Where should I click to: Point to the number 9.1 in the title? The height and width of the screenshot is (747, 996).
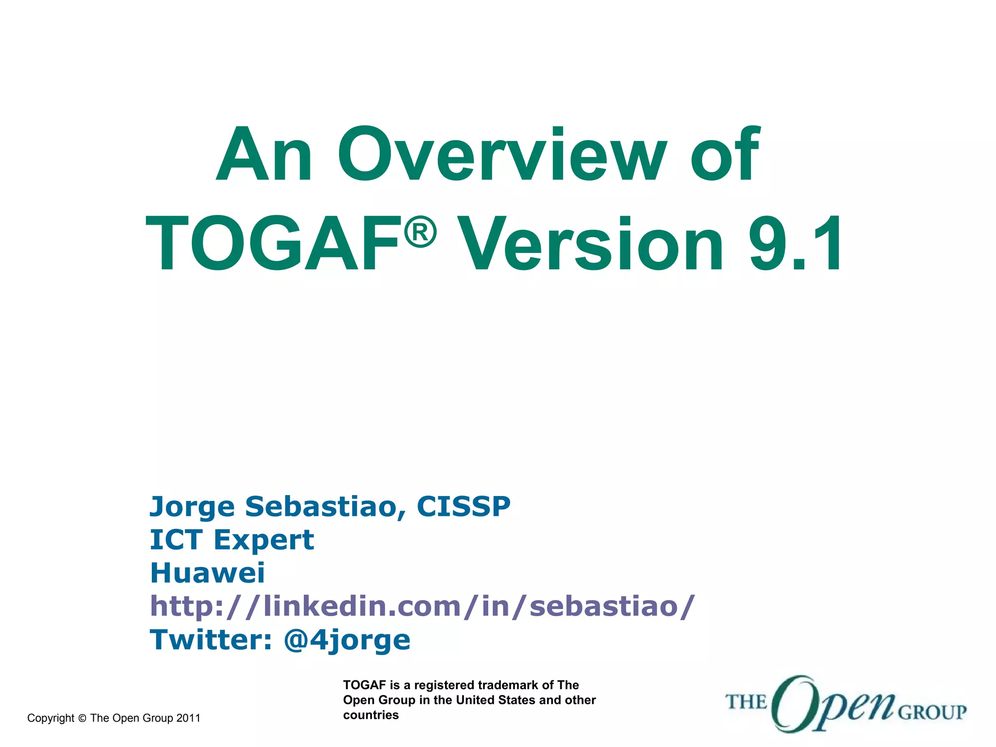pyautogui.click(x=796, y=245)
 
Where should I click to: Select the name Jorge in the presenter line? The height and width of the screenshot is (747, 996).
pyautogui.click(x=192, y=508)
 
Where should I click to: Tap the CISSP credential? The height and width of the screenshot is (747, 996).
pyautogui.click(x=463, y=507)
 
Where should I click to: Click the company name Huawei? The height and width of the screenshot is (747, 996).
pyautogui.click(x=208, y=573)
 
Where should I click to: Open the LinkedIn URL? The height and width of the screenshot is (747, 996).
pyautogui.click(x=422, y=606)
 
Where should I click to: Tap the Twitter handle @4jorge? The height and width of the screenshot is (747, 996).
pyautogui.click(x=347, y=640)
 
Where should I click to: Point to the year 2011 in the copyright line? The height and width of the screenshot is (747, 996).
pyautogui.click(x=188, y=718)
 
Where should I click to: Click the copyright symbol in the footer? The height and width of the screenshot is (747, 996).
pyautogui.click(x=82, y=718)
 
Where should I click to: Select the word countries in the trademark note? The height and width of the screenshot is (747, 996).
pyautogui.click(x=371, y=715)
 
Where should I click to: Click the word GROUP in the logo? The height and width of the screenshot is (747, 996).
pyautogui.click(x=932, y=713)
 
